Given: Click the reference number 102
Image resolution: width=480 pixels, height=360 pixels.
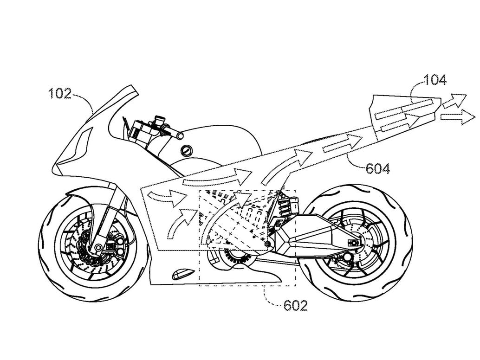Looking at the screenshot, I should pos(60,94).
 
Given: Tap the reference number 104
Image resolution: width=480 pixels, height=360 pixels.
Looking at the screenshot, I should pos(435,80).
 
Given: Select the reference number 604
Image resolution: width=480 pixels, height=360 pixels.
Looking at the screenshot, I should pos(378,168).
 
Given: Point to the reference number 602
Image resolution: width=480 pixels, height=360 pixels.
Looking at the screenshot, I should pos(295,306).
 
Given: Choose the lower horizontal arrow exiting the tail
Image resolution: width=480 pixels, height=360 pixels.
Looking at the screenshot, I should pos(454,117).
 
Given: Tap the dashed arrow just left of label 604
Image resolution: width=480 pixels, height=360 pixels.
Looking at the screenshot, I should pos(338,148).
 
